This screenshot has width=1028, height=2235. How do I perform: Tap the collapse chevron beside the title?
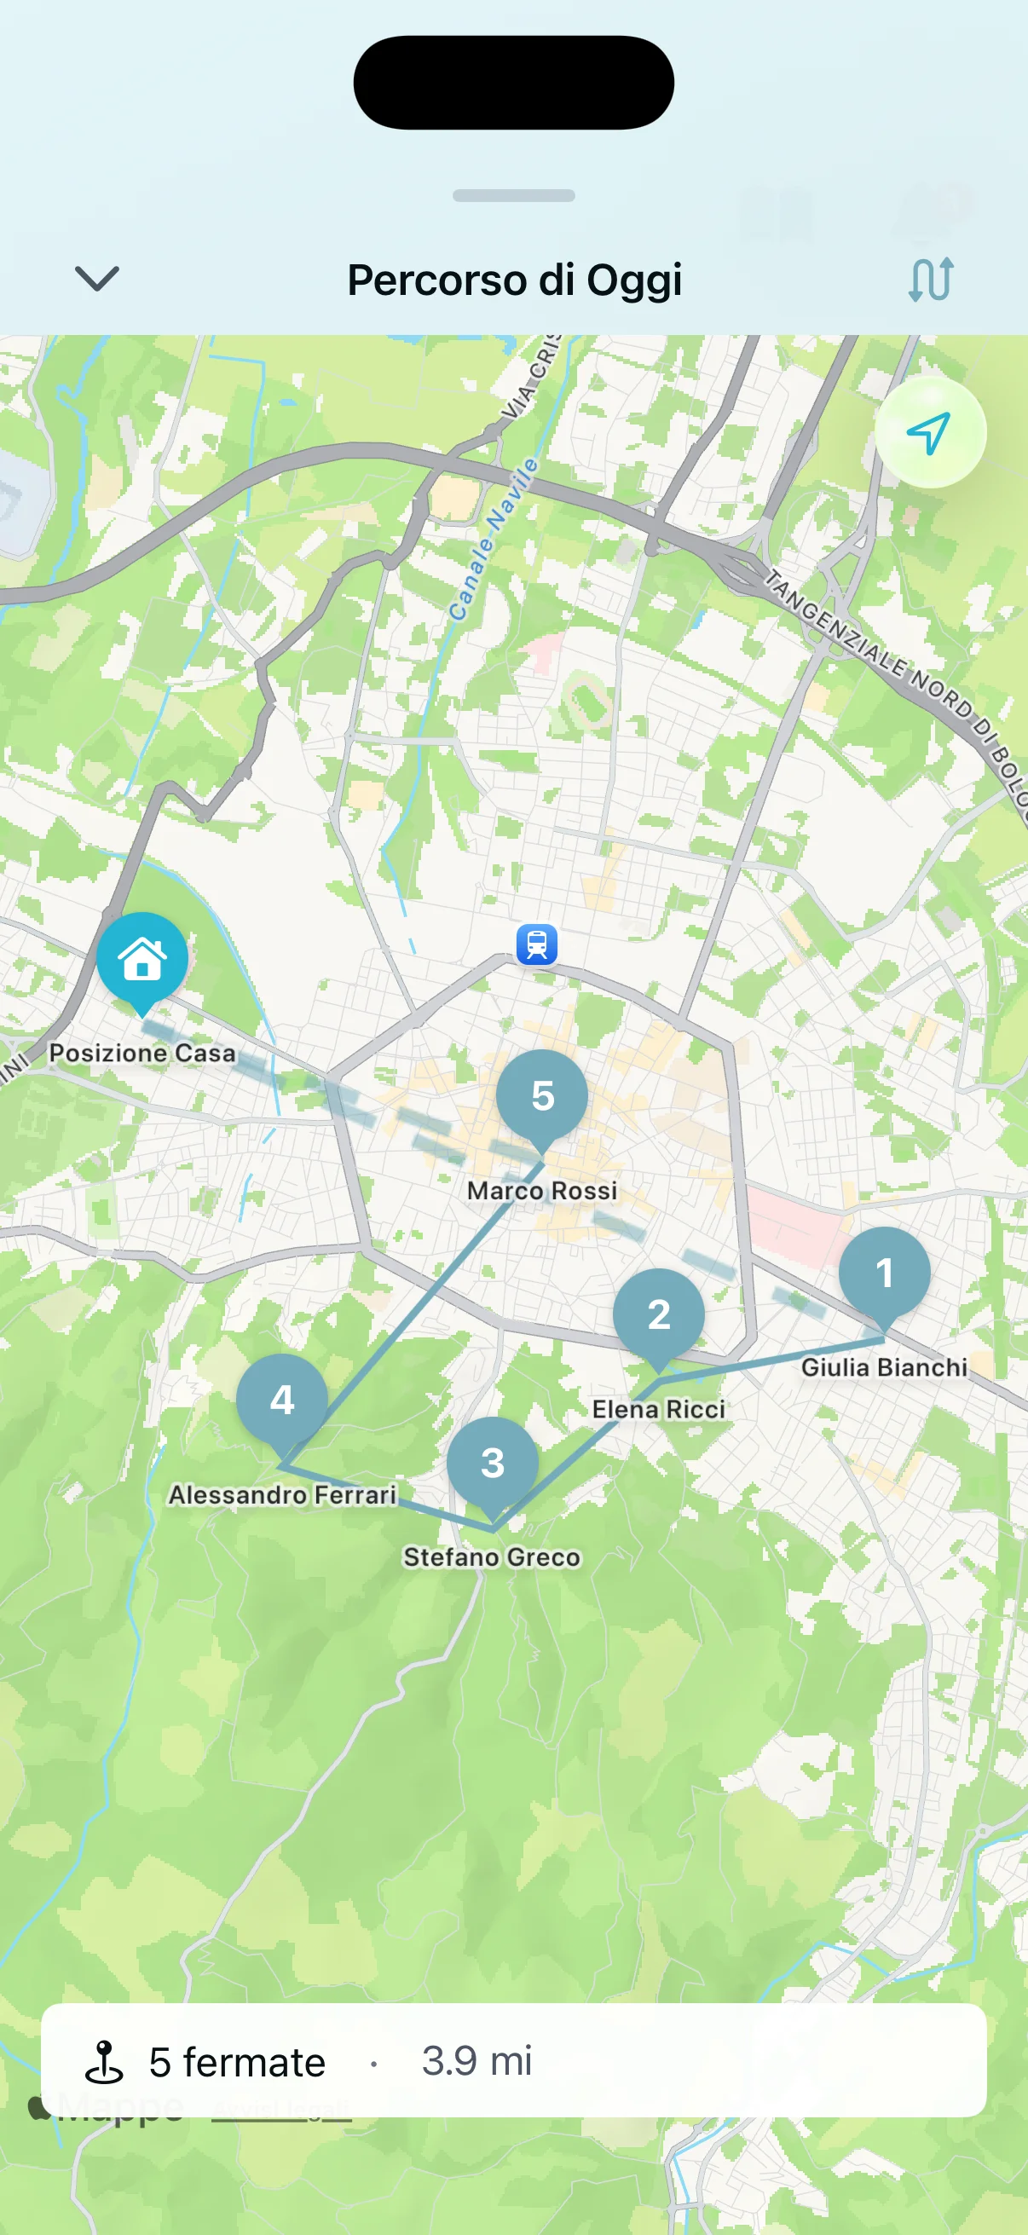(96, 280)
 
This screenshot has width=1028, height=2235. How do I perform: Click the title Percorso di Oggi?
(515, 280)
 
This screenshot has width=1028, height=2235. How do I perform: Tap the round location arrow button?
(929, 432)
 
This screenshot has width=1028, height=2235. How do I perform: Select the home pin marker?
(142, 959)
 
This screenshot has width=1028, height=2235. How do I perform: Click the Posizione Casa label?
(142, 1053)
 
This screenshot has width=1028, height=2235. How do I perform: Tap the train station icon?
(537, 944)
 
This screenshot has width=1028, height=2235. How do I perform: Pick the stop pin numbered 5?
(542, 1096)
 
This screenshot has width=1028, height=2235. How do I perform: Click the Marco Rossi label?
(542, 1190)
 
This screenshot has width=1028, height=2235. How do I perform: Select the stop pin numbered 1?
(884, 1273)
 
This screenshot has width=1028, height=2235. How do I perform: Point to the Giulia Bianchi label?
(884, 1367)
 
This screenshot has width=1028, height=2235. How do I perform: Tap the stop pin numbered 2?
(658, 1314)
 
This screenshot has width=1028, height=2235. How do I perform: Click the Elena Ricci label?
(658, 1409)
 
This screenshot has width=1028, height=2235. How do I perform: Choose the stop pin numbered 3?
(493, 1463)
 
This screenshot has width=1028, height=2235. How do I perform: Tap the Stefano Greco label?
(492, 1557)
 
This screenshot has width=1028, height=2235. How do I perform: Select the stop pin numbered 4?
(282, 1400)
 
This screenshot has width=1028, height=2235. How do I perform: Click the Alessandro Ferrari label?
(283, 1494)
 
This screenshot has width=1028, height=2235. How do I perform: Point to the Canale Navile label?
(492, 540)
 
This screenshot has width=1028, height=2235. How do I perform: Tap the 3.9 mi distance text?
(477, 2060)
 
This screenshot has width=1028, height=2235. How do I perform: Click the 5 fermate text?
(236, 2062)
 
